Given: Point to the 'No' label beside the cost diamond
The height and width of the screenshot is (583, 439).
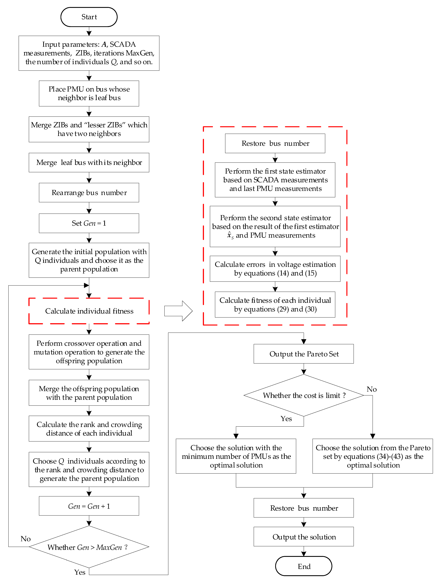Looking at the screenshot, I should [x=372, y=389].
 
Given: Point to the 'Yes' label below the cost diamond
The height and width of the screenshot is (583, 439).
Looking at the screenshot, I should [x=286, y=418].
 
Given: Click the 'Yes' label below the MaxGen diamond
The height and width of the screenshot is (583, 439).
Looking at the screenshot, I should [x=80, y=572].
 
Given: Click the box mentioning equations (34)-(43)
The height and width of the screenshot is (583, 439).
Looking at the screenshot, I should [x=373, y=456].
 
